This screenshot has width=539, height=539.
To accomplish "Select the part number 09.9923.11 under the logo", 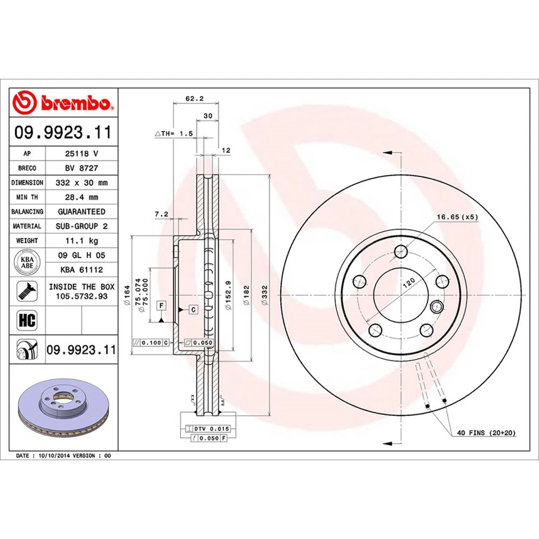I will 63,133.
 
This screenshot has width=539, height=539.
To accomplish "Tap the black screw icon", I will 26,290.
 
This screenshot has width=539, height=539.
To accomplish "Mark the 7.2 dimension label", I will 162,214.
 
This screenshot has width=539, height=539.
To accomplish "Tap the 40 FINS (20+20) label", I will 486,433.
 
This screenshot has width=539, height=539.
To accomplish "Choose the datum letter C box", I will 193,309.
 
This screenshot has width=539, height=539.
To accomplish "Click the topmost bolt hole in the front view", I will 401,251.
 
